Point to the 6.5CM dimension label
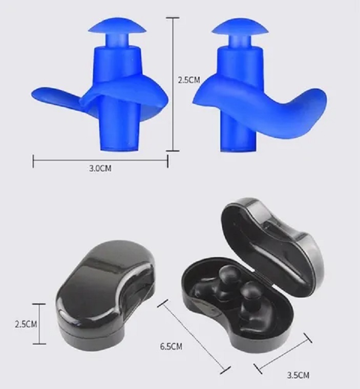[x=171, y=346]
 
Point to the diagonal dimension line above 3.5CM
[x=283, y=354]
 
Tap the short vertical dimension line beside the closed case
[x=39, y=324]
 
